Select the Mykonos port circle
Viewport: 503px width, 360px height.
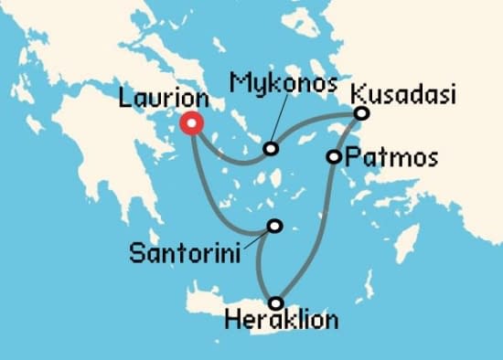pos(271,149)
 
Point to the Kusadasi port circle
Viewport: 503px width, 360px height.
pos(361,113)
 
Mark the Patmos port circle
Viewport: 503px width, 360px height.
pos(334,157)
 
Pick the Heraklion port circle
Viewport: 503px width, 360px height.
pos(275,302)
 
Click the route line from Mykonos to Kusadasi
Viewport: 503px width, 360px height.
pos(316,128)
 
